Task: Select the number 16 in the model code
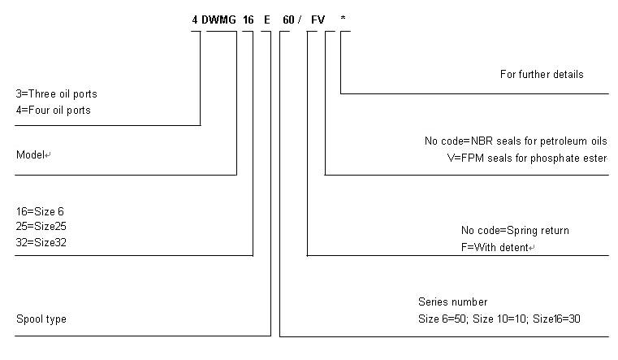click(248, 19)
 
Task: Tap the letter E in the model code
click(266, 19)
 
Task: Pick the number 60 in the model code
click(287, 19)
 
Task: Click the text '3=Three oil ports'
click(56, 94)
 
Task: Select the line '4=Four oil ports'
click(53, 111)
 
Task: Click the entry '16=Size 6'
click(40, 211)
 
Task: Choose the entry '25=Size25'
click(40, 226)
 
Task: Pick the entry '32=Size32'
click(40, 241)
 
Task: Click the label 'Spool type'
click(41, 319)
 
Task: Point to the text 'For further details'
click(542, 75)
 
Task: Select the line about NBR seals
click(516, 141)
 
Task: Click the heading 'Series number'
click(453, 302)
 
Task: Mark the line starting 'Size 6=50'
click(499, 319)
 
